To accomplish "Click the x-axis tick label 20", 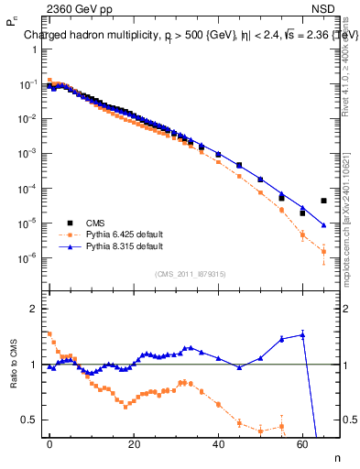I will [134, 443].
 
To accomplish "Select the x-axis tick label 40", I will [218, 443].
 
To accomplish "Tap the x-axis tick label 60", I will [302, 443].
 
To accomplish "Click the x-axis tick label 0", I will [49, 443].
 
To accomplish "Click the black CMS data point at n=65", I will [323, 201].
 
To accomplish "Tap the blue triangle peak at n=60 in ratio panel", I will [302, 334].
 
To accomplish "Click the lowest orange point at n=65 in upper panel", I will [323, 251].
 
